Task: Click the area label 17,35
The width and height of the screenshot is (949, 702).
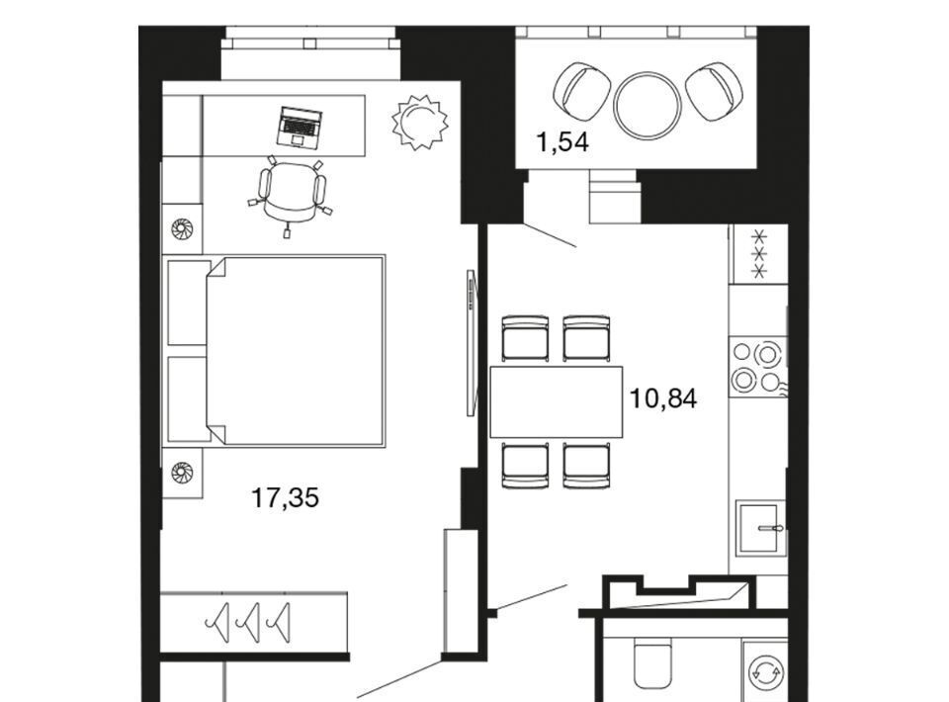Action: [x=285, y=498]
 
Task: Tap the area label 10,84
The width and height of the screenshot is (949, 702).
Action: [x=663, y=398]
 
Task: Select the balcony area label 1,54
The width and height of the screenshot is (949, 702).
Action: [x=562, y=142]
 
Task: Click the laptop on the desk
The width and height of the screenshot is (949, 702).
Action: [x=299, y=127]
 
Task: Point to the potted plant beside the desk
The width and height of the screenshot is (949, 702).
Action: [x=419, y=121]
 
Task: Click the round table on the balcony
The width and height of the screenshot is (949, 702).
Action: [x=647, y=106]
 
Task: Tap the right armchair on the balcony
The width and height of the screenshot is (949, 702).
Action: [x=714, y=91]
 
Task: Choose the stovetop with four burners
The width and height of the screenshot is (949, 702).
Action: [x=757, y=367]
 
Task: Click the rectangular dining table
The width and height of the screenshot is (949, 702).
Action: [x=557, y=401]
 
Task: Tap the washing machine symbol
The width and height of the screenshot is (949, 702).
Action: [x=765, y=671]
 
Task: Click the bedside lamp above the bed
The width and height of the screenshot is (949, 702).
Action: [x=182, y=228]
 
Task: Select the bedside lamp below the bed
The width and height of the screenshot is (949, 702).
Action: [x=182, y=472]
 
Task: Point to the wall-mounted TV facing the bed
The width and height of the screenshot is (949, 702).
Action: [x=472, y=342]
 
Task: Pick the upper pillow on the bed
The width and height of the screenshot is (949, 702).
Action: [x=188, y=303]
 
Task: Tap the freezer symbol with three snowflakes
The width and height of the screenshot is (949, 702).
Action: [x=759, y=253]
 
